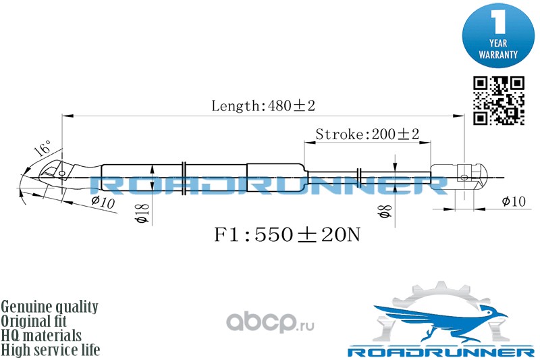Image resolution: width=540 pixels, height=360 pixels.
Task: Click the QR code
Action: click(498, 101)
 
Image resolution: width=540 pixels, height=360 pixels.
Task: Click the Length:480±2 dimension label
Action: click(264, 105)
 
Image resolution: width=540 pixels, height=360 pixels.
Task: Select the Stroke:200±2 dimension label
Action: click(367, 134)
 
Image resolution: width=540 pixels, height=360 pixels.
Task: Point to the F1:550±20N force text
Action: click(287, 235)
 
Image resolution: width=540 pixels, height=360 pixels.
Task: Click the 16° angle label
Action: click(42, 148)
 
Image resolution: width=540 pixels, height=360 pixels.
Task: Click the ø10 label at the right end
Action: click(514, 202)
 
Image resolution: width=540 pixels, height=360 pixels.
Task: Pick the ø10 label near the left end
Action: click(103, 202)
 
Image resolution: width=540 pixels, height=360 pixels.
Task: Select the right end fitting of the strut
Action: click(462, 177)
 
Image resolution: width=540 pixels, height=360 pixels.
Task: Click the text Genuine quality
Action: click(50, 307)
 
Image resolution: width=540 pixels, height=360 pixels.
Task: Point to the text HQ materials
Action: click(42, 336)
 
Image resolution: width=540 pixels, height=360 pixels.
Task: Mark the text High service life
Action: click(51, 350)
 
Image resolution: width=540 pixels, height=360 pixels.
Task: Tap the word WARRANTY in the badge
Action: click(498, 53)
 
